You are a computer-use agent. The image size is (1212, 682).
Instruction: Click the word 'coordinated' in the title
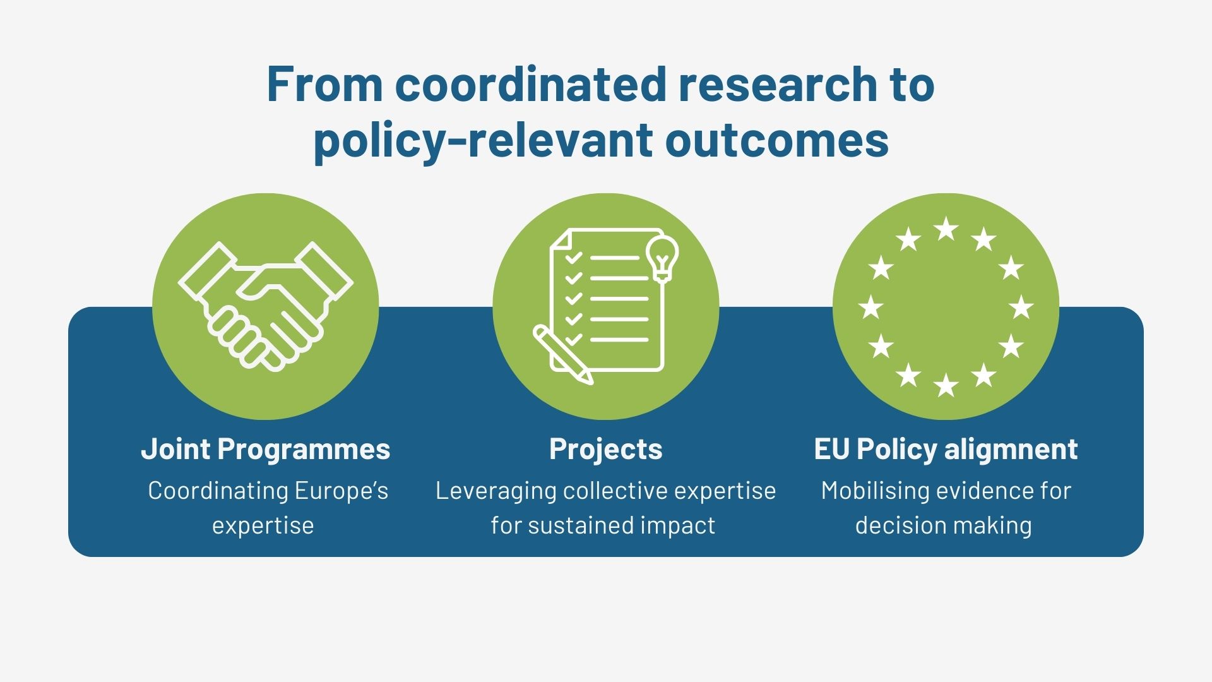click(x=531, y=83)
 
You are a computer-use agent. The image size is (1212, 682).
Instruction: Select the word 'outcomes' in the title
click(x=777, y=140)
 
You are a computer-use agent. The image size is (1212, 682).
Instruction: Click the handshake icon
click(x=266, y=306)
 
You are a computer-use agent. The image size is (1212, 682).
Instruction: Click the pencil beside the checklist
click(x=563, y=354)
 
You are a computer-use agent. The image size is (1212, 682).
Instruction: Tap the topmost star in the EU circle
click(x=946, y=229)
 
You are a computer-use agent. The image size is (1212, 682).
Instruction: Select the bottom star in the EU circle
click(x=946, y=385)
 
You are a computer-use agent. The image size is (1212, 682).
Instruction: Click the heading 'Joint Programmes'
click(x=266, y=450)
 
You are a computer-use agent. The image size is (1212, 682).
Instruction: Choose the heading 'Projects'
click(x=606, y=450)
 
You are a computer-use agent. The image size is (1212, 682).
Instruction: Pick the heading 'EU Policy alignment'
click(x=946, y=450)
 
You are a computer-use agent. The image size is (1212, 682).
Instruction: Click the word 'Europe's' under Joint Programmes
click(x=342, y=491)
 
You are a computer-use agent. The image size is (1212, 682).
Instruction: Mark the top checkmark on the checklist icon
click(x=573, y=258)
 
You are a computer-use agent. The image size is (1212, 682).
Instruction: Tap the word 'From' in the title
click(x=324, y=83)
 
